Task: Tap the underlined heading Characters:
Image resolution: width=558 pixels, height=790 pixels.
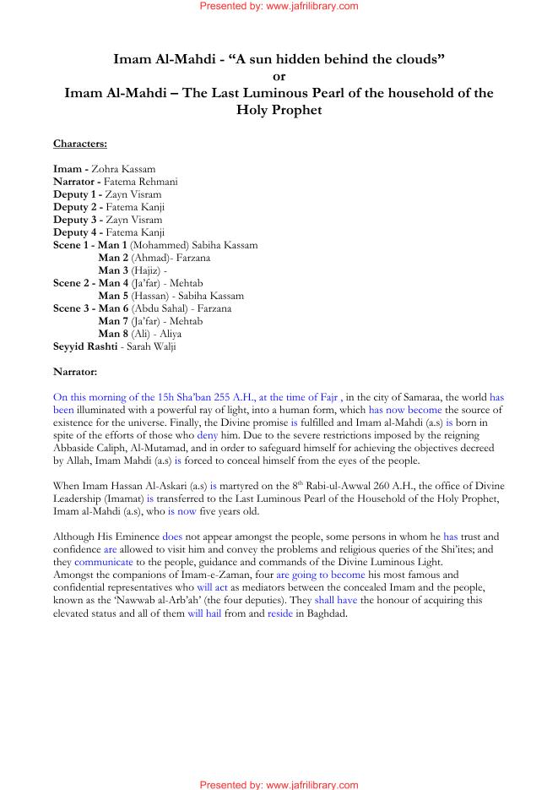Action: [x=80, y=144]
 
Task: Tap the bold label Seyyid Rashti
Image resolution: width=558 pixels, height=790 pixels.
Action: [x=86, y=346]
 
